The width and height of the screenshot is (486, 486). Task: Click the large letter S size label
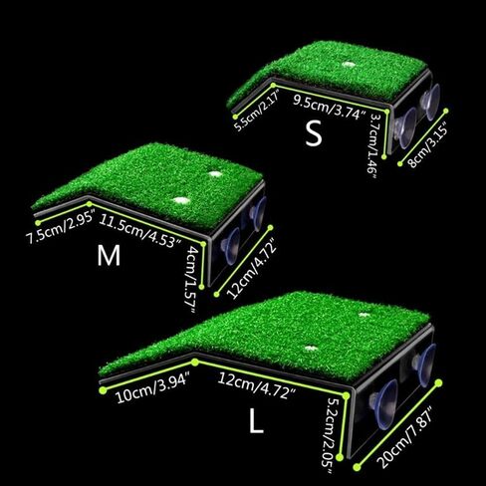tap(314, 132)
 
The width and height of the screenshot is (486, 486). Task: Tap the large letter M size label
tap(109, 255)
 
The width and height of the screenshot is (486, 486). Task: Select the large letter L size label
tap(256, 420)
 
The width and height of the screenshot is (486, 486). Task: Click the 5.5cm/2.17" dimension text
tap(257, 112)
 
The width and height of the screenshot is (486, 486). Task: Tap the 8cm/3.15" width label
tap(428, 144)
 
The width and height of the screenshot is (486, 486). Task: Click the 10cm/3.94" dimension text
tap(153, 387)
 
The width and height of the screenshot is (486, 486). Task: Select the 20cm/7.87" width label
tap(405, 436)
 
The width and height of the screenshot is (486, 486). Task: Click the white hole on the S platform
tap(348, 64)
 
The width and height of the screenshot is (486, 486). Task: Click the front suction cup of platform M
tap(231, 246)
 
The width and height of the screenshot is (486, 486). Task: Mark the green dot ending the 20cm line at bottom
tap(358, 467)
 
